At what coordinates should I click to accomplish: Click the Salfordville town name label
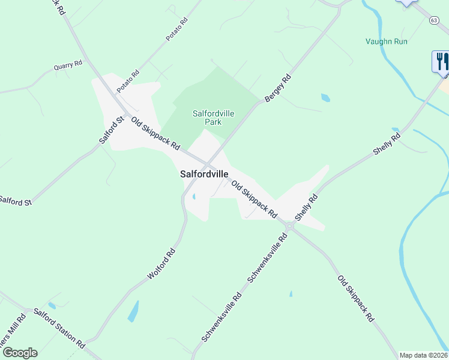click(x=204, y=174)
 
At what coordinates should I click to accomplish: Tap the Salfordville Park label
click(x=213, y=117)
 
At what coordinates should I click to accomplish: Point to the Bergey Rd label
click(x=278, y=88)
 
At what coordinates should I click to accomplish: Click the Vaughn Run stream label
click(x=387, y=41)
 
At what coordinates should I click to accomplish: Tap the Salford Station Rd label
click(x=59, y=328)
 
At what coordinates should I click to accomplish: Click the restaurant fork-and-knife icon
click(x=441, y=62)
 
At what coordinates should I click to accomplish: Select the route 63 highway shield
click(x=433, y=20)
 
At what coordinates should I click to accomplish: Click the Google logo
click(x=20, y=353)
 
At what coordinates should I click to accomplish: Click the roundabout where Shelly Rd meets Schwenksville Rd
click(x=289, y=226)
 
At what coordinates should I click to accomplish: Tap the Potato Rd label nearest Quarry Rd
click(x=128, y=81)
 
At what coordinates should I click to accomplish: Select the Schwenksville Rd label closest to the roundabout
click(x=268, y=257)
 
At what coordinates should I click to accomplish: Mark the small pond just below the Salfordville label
click(x=194, y=196)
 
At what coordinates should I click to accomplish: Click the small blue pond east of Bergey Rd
click(x=325, y=97)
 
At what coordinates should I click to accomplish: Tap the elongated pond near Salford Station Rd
click(x=133, y=311)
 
